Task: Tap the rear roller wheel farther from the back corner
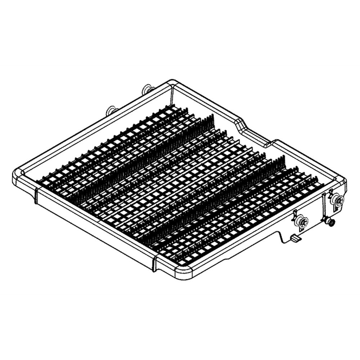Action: click(112, 111)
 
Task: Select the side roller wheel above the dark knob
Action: click(337, 199)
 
